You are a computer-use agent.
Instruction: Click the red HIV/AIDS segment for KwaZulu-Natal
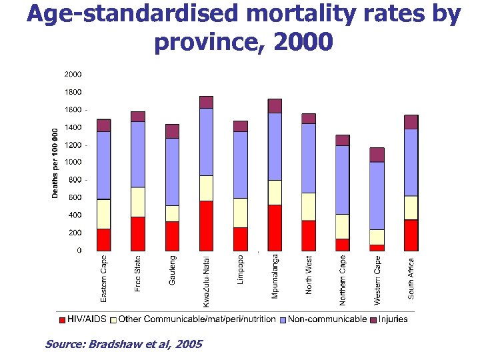(x=206, y=226)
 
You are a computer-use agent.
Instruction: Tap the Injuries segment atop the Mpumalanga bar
(x=275, y=105)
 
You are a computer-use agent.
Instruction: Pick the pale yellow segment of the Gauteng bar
(x=172, y=213)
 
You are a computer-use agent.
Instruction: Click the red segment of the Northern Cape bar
(x=343, y=245)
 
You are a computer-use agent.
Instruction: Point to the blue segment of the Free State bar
(x=138, y=154)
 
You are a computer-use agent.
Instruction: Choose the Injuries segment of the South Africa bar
(x=411, y=122)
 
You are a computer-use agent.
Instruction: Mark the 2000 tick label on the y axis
(x=74, y=74)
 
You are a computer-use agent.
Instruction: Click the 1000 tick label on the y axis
(x=74, y=162)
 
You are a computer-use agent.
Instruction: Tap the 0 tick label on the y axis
(x=79, y=251)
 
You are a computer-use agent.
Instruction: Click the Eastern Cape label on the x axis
(x=103, y=277)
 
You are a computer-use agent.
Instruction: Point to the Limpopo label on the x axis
(x=240, y=269)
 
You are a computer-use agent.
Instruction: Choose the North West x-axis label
(x=309, y=275)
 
